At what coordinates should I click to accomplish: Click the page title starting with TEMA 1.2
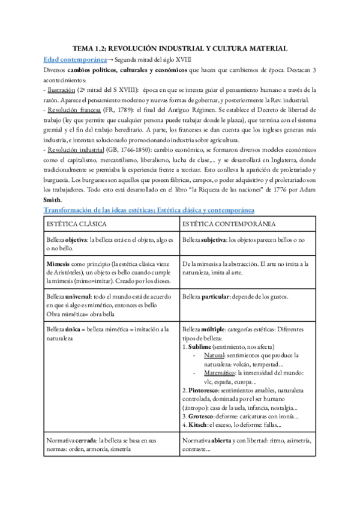coord(180,48)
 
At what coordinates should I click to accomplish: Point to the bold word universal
coord(83,297)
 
